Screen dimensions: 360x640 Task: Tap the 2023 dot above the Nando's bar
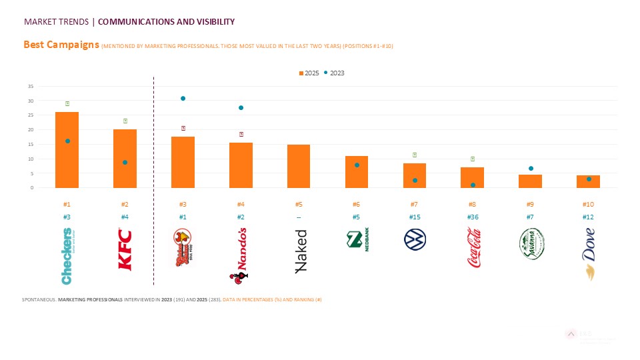241,107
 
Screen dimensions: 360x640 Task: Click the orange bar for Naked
299,166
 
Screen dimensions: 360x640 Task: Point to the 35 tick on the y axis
31,87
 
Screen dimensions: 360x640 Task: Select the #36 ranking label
472,217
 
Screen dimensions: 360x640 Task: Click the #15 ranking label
414,217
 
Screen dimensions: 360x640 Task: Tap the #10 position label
588,205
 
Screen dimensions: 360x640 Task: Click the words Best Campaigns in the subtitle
61,45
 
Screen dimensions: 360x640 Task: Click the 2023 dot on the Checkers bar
67,141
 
